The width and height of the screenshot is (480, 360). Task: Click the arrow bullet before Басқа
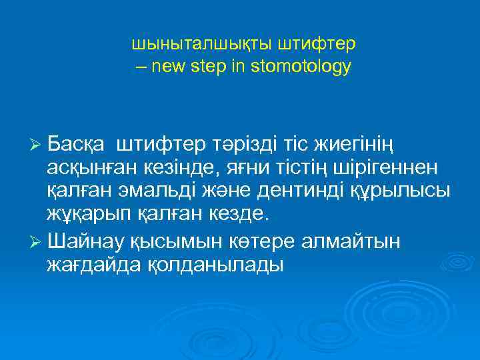[35, 144]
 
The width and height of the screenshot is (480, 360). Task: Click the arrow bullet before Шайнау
[35, 241]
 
